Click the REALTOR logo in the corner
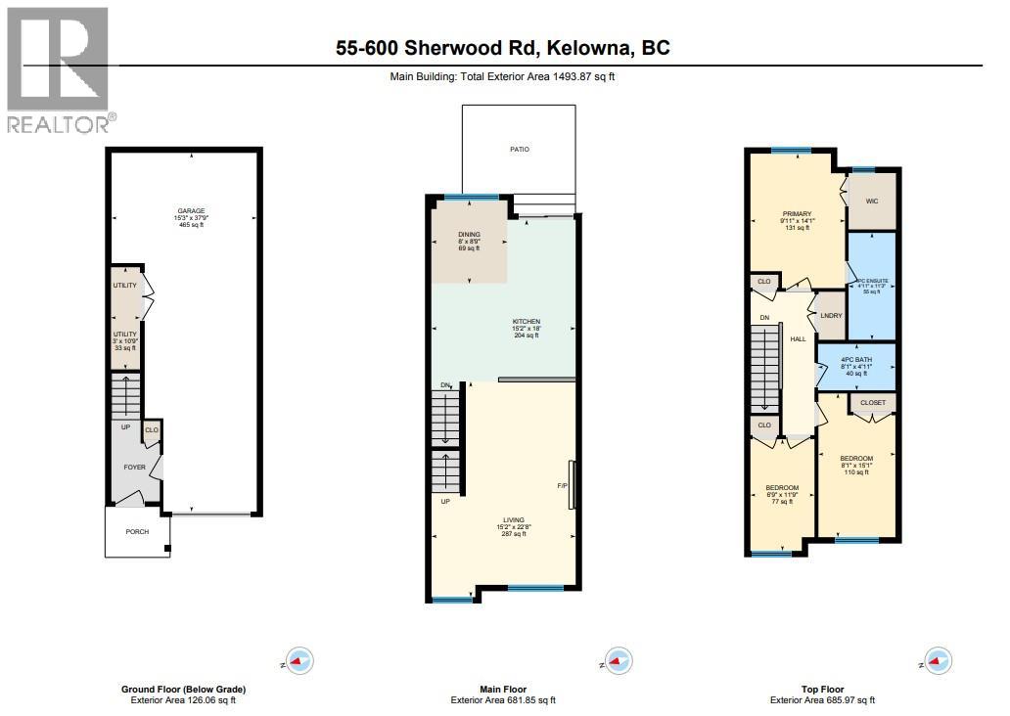(59, 69)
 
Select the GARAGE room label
(191, 211)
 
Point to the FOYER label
(134, 468)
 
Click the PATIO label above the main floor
(519, 150)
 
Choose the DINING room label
(469, 235)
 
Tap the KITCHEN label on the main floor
(527, 322)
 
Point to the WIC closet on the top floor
(872, 201)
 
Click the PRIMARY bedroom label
(797, 214)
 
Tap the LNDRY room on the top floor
(831, 316)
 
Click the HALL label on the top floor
(798, 339)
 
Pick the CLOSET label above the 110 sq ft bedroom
(872, 402)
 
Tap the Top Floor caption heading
(821, 690)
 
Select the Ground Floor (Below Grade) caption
(184, 690)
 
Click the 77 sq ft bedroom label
(782, 488)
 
